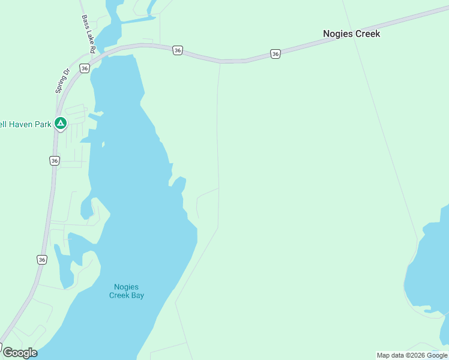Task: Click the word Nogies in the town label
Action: pos(338,34)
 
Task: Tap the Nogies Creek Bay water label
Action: pos(127,291)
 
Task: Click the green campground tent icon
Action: pos(60,124)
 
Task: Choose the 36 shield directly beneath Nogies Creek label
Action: pos(275,54)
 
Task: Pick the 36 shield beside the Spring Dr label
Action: pos(85,68)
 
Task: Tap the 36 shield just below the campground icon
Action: pos(55,160)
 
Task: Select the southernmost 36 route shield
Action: pos(41,260)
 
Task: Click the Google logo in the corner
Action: pos(19,353)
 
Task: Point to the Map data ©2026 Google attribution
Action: pos(412,355)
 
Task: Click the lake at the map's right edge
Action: pos(429,264)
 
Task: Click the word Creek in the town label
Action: pos(367,34)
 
